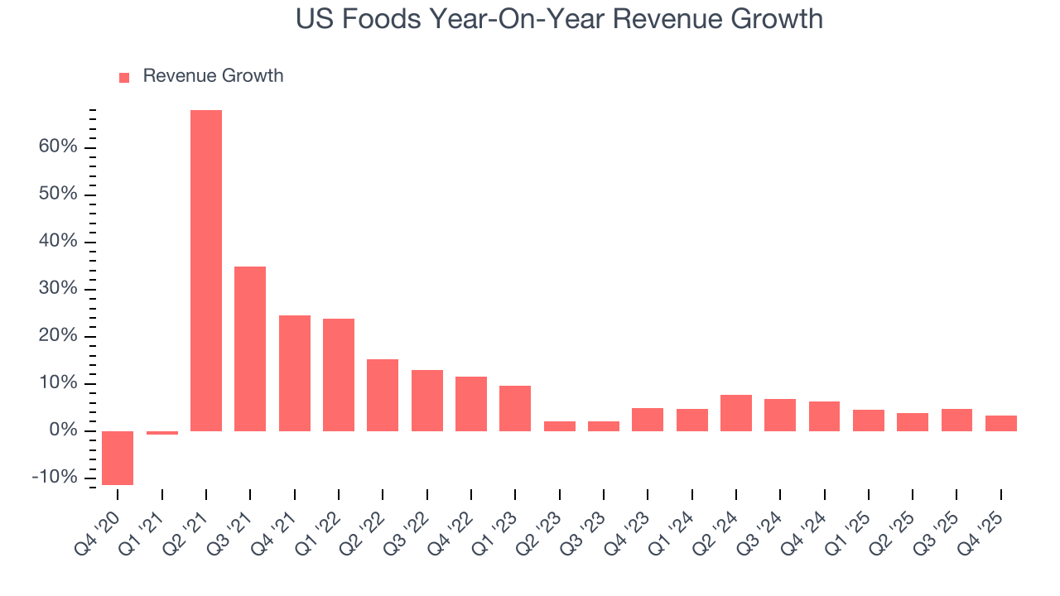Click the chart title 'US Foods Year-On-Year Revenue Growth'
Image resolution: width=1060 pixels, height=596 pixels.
[559, 18]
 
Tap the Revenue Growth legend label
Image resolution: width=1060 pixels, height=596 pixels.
[213, 76]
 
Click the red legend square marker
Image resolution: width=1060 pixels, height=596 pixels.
[124, 78]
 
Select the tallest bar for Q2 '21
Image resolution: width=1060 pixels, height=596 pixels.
[206, 271]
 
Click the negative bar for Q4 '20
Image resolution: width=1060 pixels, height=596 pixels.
[118, 458]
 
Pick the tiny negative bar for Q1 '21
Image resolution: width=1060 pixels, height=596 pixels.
[162, 433]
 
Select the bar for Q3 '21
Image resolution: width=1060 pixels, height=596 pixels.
[250, 348]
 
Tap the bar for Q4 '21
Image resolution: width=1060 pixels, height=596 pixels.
[295, 373]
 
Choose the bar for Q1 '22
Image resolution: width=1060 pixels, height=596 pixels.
[339, 375]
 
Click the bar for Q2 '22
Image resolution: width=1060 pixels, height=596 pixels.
[383, 395]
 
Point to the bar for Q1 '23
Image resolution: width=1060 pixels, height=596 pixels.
[515, 408]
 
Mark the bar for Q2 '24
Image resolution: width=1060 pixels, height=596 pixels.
[736, 413]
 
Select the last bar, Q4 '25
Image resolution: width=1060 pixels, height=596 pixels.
[1001, 423]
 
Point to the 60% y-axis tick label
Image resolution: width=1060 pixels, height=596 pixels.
[57, 147]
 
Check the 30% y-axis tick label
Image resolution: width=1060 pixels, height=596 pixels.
[57, 289]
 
